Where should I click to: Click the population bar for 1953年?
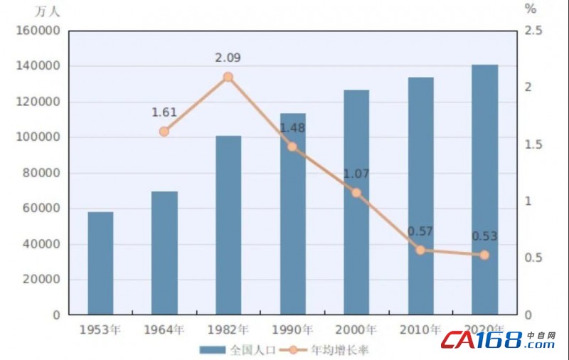(x=100, y=263)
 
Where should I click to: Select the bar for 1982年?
(x=228, y=225)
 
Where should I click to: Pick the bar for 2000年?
(x=356, y=202)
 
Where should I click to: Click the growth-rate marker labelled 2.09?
(x=228, y=77)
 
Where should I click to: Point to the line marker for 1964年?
(x=164, y=132)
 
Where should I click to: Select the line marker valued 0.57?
(x=420, y=250)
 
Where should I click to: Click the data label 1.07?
(x=356, y=174)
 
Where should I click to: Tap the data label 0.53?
(x=484, y=236)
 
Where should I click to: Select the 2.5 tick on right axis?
(x=533, y=31)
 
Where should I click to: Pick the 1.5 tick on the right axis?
(x=533, y=144)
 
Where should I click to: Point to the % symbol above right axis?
(x=531, y=9)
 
